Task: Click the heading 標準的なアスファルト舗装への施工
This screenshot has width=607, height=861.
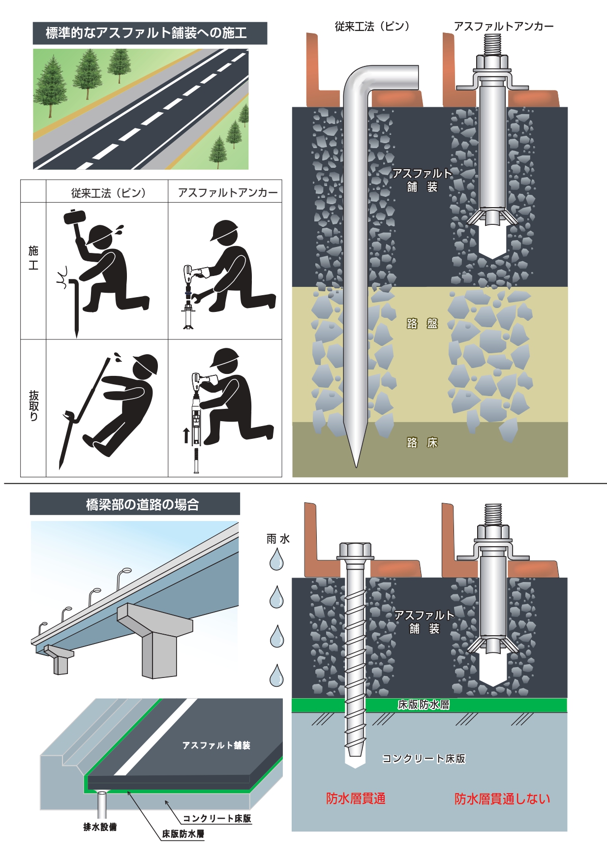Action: coord(146,33)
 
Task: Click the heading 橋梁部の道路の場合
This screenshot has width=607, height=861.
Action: coord(143,504)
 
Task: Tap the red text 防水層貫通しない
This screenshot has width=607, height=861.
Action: coord(502,799)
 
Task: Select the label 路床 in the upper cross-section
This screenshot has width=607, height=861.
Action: coord(422,443)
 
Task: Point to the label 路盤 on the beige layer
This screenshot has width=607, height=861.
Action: coord(422,323)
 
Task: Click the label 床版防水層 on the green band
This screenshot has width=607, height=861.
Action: coord(424,705)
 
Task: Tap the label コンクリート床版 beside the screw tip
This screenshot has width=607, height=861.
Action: coord(424,759)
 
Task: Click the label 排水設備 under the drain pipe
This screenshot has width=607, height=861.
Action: coord(100,827)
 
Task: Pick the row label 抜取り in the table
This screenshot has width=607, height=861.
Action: coord(33,406)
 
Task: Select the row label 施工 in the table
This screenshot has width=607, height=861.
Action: coord(33,258)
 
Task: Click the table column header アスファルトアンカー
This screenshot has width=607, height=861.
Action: coord(228,192)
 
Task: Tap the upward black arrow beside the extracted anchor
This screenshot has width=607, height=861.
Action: coord(186,435)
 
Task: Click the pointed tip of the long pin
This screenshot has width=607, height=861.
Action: coord(356,466)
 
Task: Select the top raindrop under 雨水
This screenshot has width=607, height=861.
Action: coord(276,559)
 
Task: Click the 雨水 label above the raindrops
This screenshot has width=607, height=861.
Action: coord(278,539)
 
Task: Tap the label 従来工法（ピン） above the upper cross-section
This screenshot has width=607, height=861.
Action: coord(372,27)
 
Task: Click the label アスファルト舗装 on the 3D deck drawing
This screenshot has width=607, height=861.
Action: coord(216,745)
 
